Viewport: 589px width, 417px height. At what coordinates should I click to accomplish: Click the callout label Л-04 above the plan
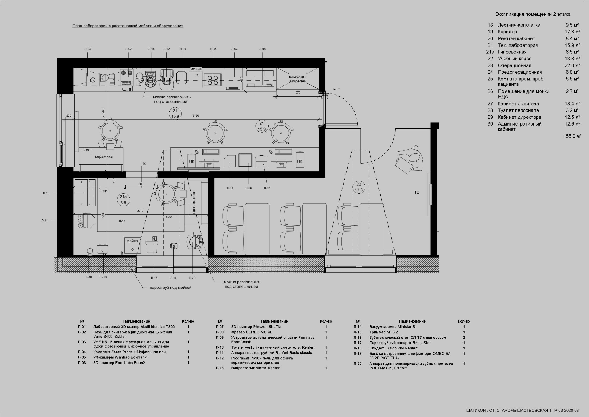(87, 49)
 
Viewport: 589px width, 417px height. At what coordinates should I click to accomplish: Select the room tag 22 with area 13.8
(359, 187)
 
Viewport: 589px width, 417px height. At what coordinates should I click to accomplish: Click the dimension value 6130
(196, 116)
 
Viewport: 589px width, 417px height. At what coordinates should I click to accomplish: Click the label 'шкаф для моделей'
(298, 79)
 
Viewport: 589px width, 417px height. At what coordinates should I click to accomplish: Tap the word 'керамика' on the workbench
(104, 156)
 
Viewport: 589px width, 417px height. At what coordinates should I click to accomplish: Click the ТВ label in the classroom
(417, 192)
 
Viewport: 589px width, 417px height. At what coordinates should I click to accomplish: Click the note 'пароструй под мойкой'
(170, 288)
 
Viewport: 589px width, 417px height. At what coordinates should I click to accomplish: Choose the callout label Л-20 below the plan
(192, 278)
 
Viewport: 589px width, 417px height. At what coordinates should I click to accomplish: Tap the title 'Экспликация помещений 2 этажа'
(533, 14)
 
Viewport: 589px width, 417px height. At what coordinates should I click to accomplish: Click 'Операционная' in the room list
(514, 65)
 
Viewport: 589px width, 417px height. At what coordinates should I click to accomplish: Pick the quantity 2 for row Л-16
(464, 338)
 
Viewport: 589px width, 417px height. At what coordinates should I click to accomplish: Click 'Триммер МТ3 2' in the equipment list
(384, 332)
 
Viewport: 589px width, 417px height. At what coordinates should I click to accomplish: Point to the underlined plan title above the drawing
(128, 26)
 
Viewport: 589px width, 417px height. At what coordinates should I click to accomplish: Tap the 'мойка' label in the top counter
(196, 69)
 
